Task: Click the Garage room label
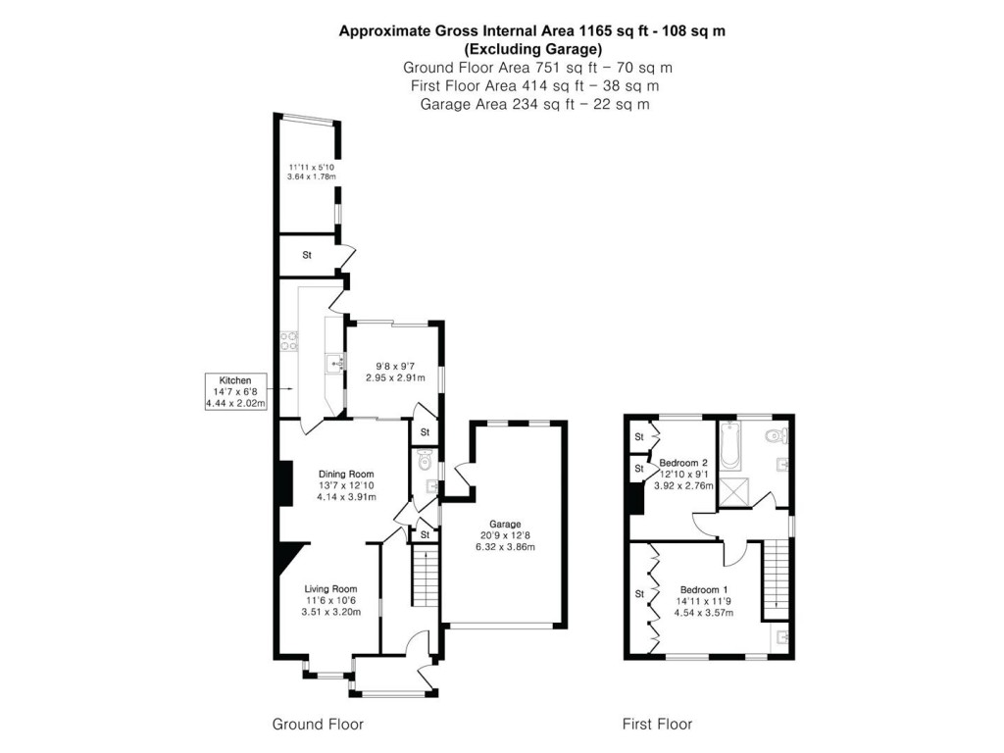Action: pyautogui.click(x=505, y=524)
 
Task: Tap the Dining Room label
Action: pyautogui.click(x=346, y=475)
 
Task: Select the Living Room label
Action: pyautogui.click(x=330, y=589)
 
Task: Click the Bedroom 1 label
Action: pyautogui.click(x=704, y=589)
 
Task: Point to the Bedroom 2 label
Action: pyautogui.click(x=683, y=463)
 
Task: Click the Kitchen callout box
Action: pyautogui.click(x=235, y=391)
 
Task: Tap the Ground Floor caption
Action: pyautogui.click(x=318, y=725)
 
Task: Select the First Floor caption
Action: pyautogui.click(x=657, y=725)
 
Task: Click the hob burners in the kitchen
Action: pyautogui.click(x=289, y=341)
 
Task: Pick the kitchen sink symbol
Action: pyautogui.click(x=335, y=365)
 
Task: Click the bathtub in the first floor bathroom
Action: pyautogui.click(x=730, y=446)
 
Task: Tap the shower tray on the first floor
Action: pyautogui.click(x=733, y=492)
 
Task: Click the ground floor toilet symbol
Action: pyautogui.click(x=424, y=460)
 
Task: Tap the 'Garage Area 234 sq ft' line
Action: pyautogui.click(x=534, y=104)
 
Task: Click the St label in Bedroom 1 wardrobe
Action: pyautogui.click(x=639, y=594)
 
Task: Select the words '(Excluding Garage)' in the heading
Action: pyautogui.click(x=532, y=49)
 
